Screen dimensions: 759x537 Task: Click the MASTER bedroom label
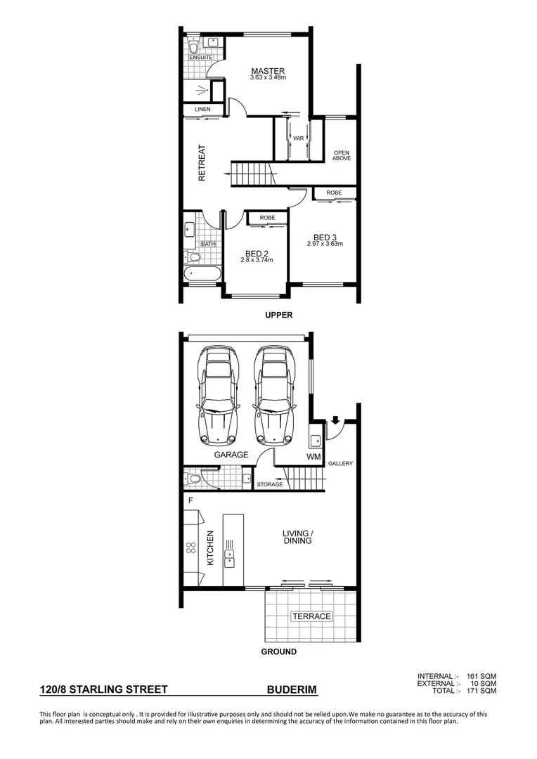[268, 71]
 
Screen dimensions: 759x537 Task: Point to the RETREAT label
[202, 163]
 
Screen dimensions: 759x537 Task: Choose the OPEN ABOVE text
[342, 155]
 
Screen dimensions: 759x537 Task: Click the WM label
[313, 458]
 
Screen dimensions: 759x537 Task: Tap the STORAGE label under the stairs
[269, 484]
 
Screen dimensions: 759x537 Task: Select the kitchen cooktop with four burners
[190, 548]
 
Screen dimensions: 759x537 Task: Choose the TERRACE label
[311, 616]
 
